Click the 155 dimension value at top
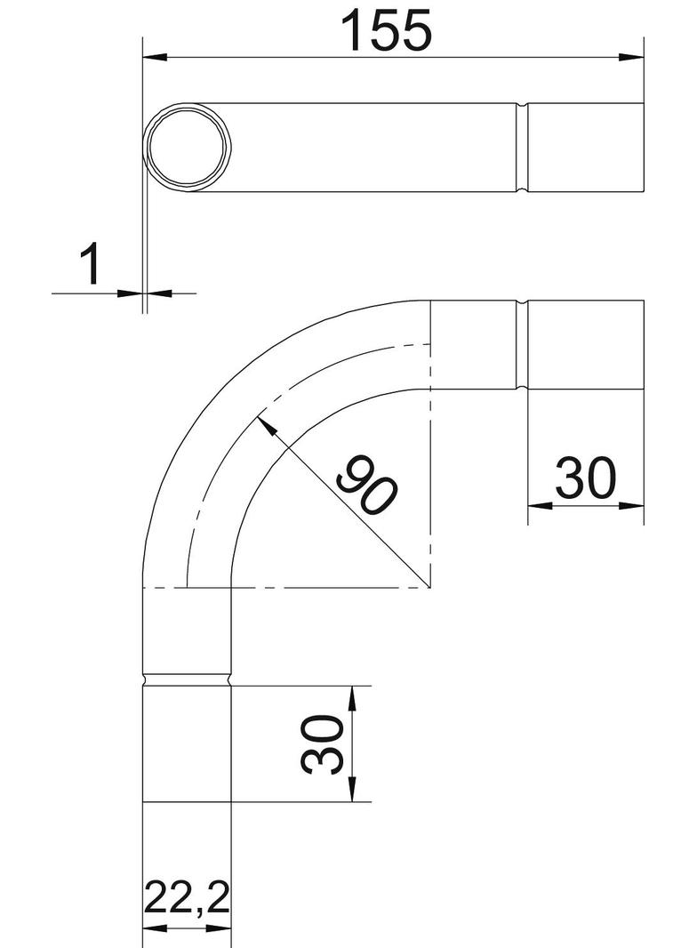point(389,30)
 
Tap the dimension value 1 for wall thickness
point(91,266)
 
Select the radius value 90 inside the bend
point(366,486)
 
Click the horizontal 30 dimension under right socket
point(585,478)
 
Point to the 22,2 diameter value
point(186,900)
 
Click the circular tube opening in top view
point(188,147)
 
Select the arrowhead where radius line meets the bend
point(265,424)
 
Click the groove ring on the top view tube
point(523,147)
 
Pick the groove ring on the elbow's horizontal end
point(523,345)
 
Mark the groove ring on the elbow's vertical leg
point(187,680)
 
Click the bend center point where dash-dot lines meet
point(429,588)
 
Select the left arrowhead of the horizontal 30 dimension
point(539,504)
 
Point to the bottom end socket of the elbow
point(187,743)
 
